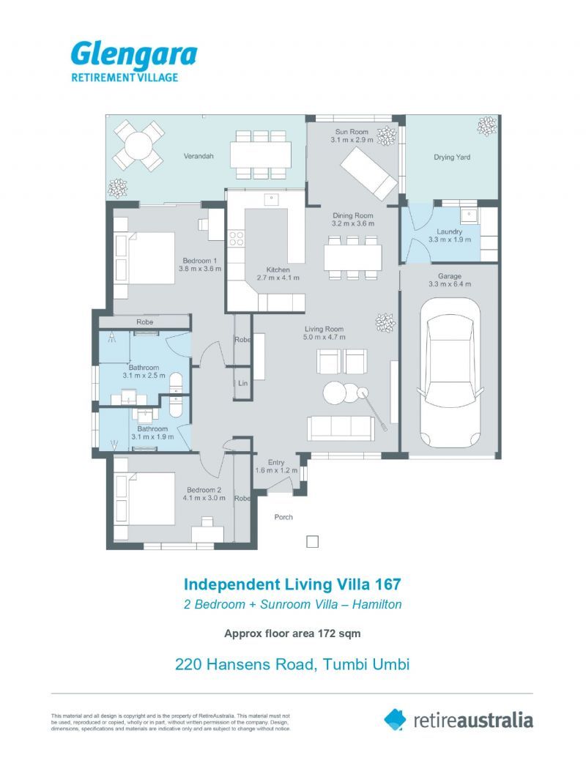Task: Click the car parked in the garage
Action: click(449, 374)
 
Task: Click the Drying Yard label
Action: click(452, 157)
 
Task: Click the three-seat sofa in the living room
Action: click(341, 428)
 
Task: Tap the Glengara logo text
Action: click(133, 55)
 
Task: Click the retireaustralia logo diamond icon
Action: click(395, 719)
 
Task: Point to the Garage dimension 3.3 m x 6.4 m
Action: click(450, 286)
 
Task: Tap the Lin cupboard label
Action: click(242, 383)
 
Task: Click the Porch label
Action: click(283, 517)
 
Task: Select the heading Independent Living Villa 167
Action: click(292, 584)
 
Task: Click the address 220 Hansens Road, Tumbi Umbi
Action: click(292, 665)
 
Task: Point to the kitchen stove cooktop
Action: click(237, 238)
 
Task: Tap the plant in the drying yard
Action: click(486, 127)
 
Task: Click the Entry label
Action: click(277, 461)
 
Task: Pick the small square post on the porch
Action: click(312, 542)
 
